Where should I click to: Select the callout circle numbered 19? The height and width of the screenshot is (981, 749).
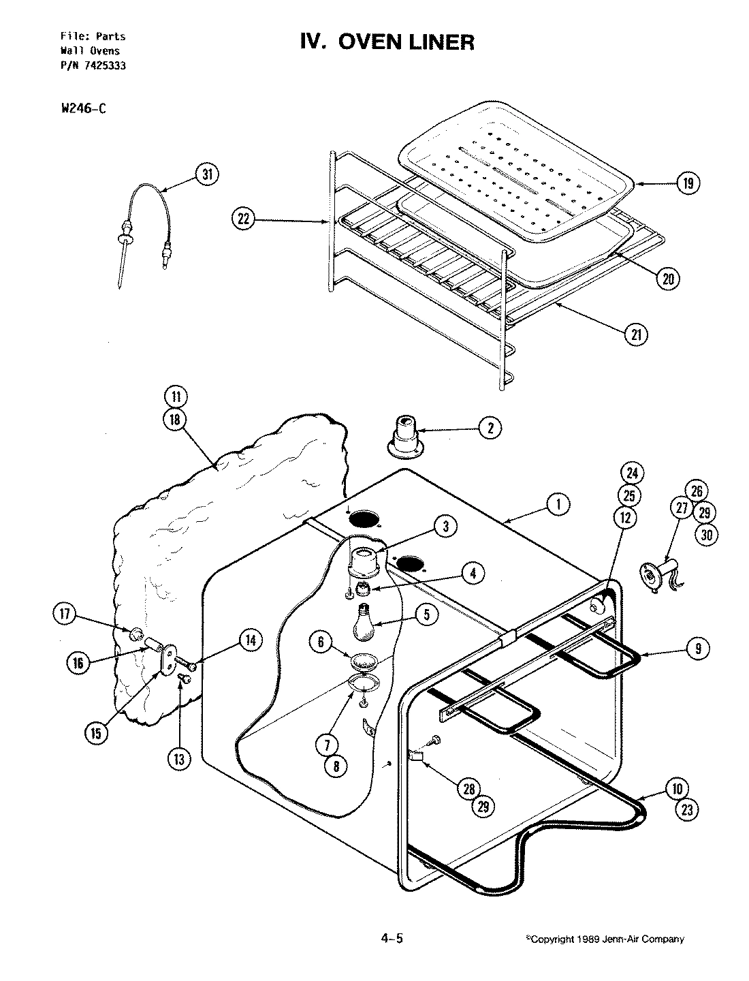(x=688, y=183)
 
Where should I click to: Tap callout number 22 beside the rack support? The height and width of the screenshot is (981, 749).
(x=242, y=219)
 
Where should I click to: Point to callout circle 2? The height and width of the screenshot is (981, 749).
(x=490, y=428)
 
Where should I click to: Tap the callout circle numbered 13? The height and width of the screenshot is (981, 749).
(x=178, y=760)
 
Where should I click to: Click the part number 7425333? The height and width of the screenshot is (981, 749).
(x=98, y=66)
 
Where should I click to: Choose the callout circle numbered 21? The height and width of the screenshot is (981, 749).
(x=637, y=334)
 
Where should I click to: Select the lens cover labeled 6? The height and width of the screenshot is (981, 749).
(x=363, y=661)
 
